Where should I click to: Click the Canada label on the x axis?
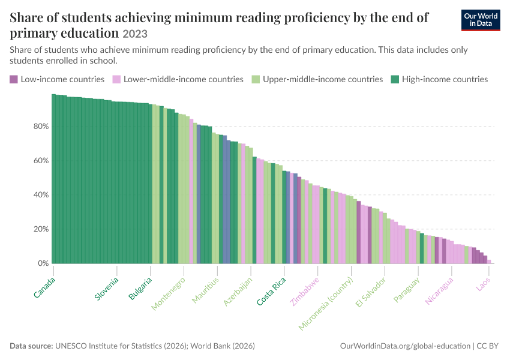[x=44, y=287]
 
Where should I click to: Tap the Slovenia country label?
[x=106, y=289]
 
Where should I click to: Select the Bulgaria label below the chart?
[x=140, y=289]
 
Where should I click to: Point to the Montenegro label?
[x=168, y=293]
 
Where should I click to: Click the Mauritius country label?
[x=205, y=290]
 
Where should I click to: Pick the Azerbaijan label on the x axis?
[x=238, y=292]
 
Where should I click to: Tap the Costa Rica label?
[x=271, y=292]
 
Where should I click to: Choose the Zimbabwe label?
[x=305, y=292]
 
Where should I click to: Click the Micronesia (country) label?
[x=326, y=304]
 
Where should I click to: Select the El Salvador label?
[x=371, y=292]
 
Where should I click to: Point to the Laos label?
[x=483, y=284]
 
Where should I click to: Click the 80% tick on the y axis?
[x=41, y=126]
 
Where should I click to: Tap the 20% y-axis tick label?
[x=41, y=229]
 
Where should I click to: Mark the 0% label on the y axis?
[x=43, y=263]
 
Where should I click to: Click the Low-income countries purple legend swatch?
[x=14, y=79]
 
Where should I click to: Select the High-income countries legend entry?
[x=439, y=79]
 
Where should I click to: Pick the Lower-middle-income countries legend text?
[x=184, y=79]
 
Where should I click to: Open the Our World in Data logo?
[x=481, y=20]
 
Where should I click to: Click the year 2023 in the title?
[x=135, y=34]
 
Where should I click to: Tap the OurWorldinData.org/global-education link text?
[x=405, y=346]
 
